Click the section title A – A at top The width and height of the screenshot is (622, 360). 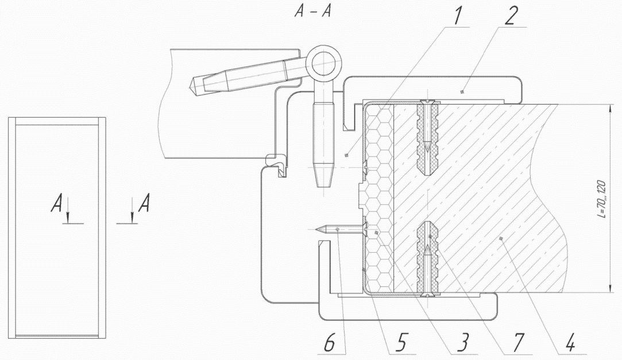pyautogui.click(x=312, y=12)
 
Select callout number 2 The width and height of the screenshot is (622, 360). pyautogui.click(x=511, y=16)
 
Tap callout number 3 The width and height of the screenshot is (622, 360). pyautogui.click(x=462, y=342)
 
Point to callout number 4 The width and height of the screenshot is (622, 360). pyautogui.click(x=570, y=342)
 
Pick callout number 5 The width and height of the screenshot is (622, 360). pyautogui.click(x=401, y=342)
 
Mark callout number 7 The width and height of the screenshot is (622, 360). pyautogui.click(x=517, y=342)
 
